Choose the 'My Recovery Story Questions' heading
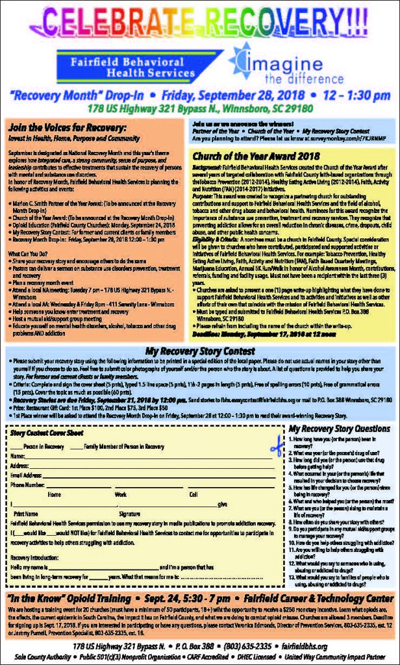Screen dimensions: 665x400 tap(339, 429)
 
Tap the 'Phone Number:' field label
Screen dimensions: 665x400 tap(28, 484)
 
